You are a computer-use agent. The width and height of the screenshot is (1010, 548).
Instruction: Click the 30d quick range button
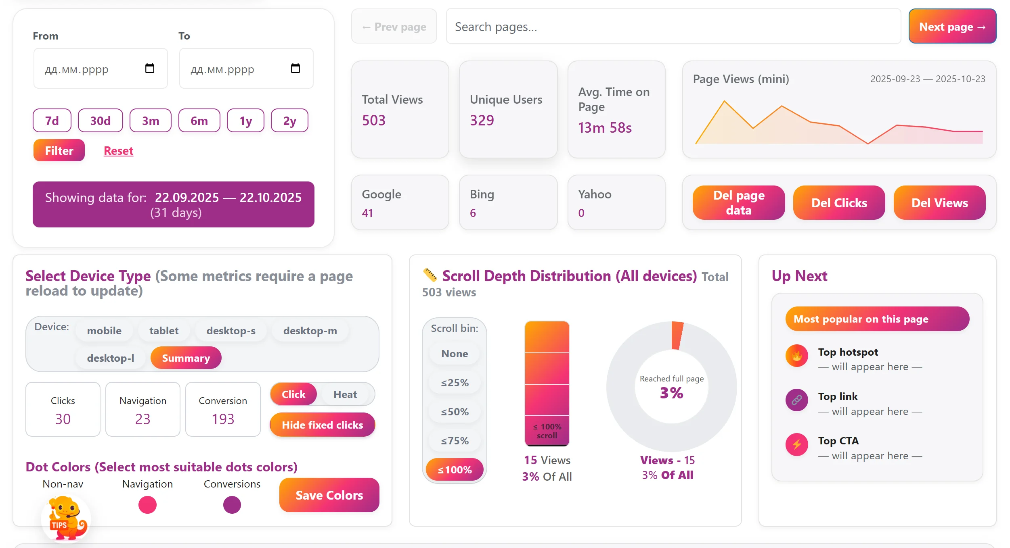(100, 121)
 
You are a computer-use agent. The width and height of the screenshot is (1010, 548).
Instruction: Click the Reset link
(118, 151)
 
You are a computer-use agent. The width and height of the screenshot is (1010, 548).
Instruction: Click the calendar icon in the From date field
(149, 69)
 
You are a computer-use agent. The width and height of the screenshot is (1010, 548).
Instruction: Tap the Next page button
(952, 27)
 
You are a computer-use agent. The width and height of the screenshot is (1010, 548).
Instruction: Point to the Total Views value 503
(373, 121)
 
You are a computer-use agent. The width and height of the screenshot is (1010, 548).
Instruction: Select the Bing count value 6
(473, 213)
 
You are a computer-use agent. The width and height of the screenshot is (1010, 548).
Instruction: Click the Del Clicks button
(839, 203)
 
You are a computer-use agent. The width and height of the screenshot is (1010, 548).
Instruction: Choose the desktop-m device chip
(310, 331)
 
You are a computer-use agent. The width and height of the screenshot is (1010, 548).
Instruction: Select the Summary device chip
(186, 358)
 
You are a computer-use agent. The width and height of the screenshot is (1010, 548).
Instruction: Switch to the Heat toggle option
(345, 394)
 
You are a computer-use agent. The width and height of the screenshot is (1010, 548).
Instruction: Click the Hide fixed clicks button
(322, 425)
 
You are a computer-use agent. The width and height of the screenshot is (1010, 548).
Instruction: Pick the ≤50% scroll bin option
(455, 412)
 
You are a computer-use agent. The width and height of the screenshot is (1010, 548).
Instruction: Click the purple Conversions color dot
(232, 505)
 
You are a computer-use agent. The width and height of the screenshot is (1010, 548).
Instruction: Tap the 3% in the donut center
(671, 393)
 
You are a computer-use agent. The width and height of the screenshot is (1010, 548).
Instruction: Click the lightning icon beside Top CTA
(796, 444)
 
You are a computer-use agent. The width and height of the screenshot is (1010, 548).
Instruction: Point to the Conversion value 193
(223, 419)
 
